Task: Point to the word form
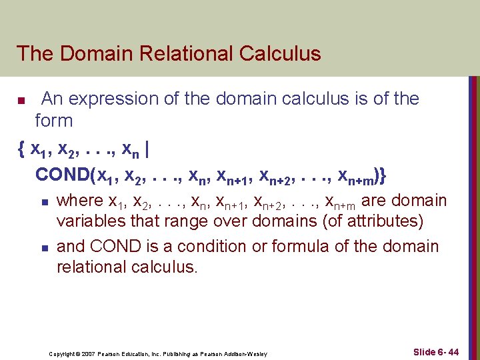(x=54, y=121)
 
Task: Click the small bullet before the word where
(x=43, y=202)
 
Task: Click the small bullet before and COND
(x=43, y=248)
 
